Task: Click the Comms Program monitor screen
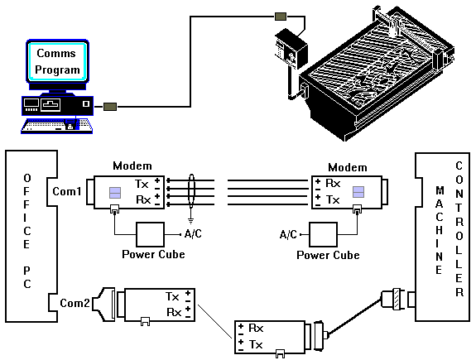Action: (x=57, y=61)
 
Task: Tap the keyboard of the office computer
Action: (x=57, y=126)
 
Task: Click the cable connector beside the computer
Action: (x=110, y=107)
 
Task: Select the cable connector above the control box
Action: (x=281, y=17)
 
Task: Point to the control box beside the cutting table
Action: (x=291, y=49)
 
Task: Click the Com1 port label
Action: (x=67, y=191)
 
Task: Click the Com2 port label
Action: (x=75, y=303)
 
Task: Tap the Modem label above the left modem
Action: (x=132, y=166)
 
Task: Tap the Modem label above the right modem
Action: (x=348, y=167)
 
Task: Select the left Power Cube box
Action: (x=151, y=234)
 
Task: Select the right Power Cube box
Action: (x=324, y=234)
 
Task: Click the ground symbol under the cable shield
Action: (x=190, y=220)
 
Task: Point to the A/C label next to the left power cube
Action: (x=193, y=233)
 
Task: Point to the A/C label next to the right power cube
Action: (x=288, y=234)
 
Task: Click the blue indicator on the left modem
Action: (x=115, y=193)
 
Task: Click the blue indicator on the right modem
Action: (x=358, y=192)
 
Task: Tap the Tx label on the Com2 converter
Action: (x=172, y=296)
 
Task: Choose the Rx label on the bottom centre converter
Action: (x=256, y=328)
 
